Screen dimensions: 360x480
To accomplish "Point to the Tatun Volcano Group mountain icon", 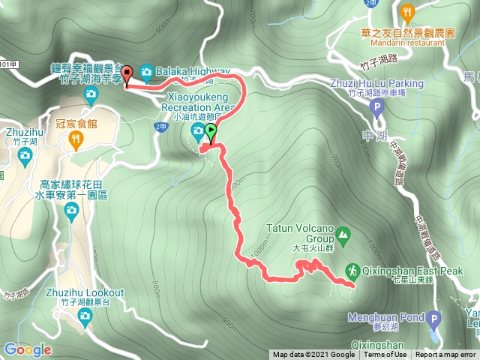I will pyautogui.click(x=343, y=234).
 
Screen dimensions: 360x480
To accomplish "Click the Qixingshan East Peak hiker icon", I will pyautogui.click(x=351, y=270).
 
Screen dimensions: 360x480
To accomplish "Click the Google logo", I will pyautogui.click(x=27, y=349).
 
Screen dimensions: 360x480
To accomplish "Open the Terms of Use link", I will pyautogui.click(x=385, y=355).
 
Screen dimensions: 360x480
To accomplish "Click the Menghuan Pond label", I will pyautogui.click(x=382, y=317).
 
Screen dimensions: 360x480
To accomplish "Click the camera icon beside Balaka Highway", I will pyautogui.click(x=145, y=71).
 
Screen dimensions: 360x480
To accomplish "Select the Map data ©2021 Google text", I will pyautogui.click(x=313, y=355).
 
